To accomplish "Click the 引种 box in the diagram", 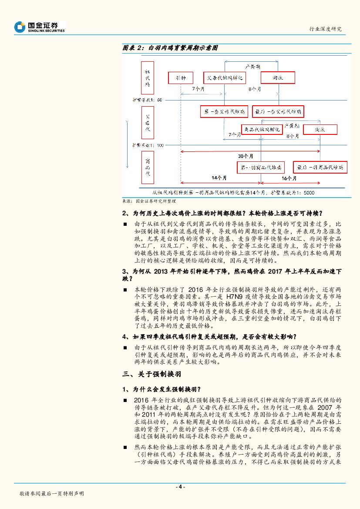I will tap(180, 78).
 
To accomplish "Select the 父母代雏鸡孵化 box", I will tap(225, 78).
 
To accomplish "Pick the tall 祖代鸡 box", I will tap(147, 78).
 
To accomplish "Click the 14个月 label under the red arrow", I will tap(219, 178).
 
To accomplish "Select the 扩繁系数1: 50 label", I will tap(148, 100).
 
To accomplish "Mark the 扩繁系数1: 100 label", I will tap(148, 145).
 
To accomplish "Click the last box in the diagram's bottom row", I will tap(320, 167).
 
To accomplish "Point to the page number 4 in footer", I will tap(180, 487).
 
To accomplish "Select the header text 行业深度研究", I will tap(325, 29).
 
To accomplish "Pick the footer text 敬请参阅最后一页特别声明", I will tap(51, 494).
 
